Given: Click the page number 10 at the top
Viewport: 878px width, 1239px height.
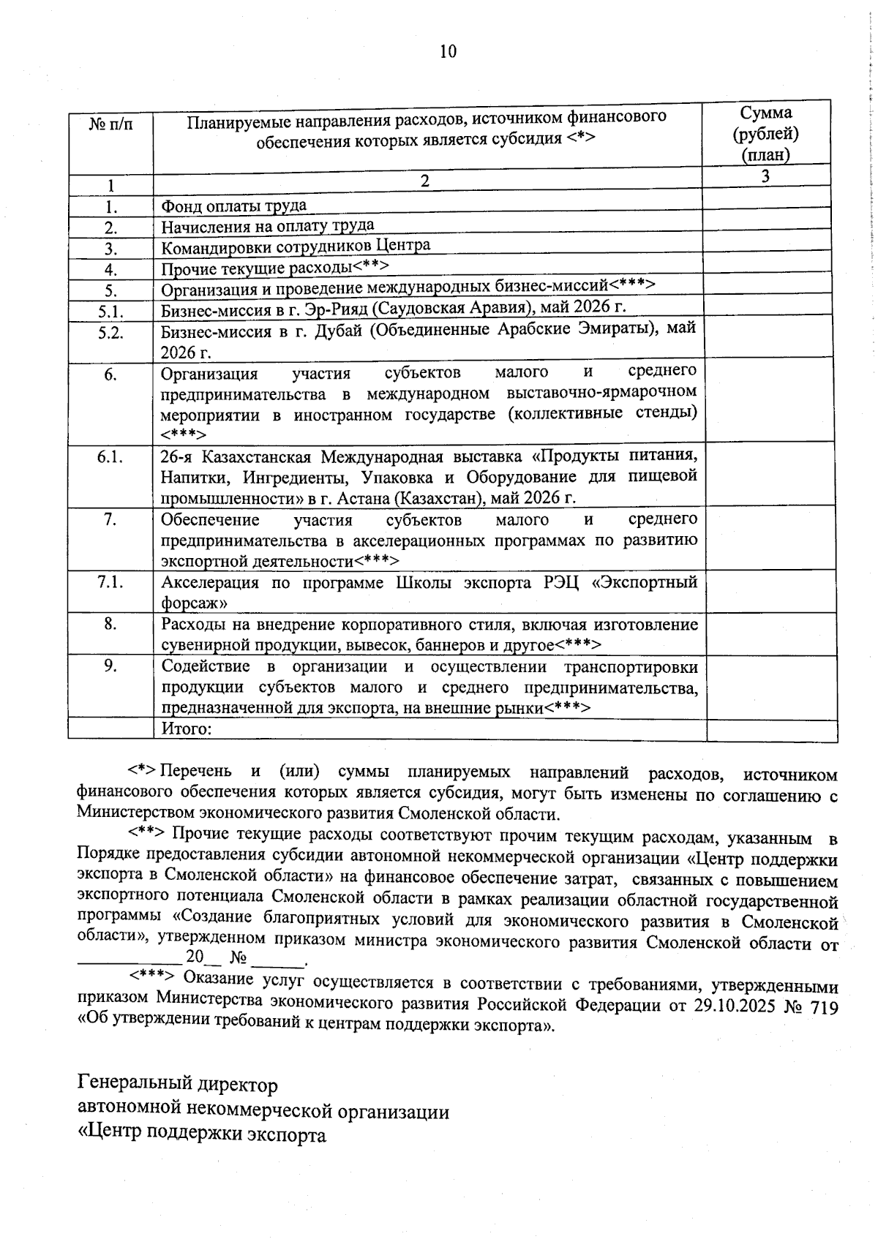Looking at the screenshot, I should pos(448,51).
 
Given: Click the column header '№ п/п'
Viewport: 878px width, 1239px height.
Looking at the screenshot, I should pos(111,124).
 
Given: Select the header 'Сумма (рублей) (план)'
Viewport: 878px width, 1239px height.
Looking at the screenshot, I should pos(765,133).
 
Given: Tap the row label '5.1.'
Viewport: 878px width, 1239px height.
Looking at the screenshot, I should pos(111,312).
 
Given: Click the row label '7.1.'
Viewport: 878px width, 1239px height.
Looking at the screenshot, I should pos(111,582).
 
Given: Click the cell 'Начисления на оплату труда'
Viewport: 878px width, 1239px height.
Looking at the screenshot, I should pos(268,225).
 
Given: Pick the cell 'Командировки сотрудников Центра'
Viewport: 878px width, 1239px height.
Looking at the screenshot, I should pos(296,246).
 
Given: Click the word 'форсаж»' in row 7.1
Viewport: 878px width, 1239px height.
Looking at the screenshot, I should pos(194,603).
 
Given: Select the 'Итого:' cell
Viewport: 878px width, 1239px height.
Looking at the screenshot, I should pos(187,728).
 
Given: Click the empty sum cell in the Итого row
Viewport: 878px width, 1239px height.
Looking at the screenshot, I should pos(771,730).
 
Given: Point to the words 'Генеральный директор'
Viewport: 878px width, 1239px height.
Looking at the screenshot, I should pos(178,1083).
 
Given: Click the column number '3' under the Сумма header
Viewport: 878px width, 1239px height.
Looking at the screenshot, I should pos(765,176).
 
